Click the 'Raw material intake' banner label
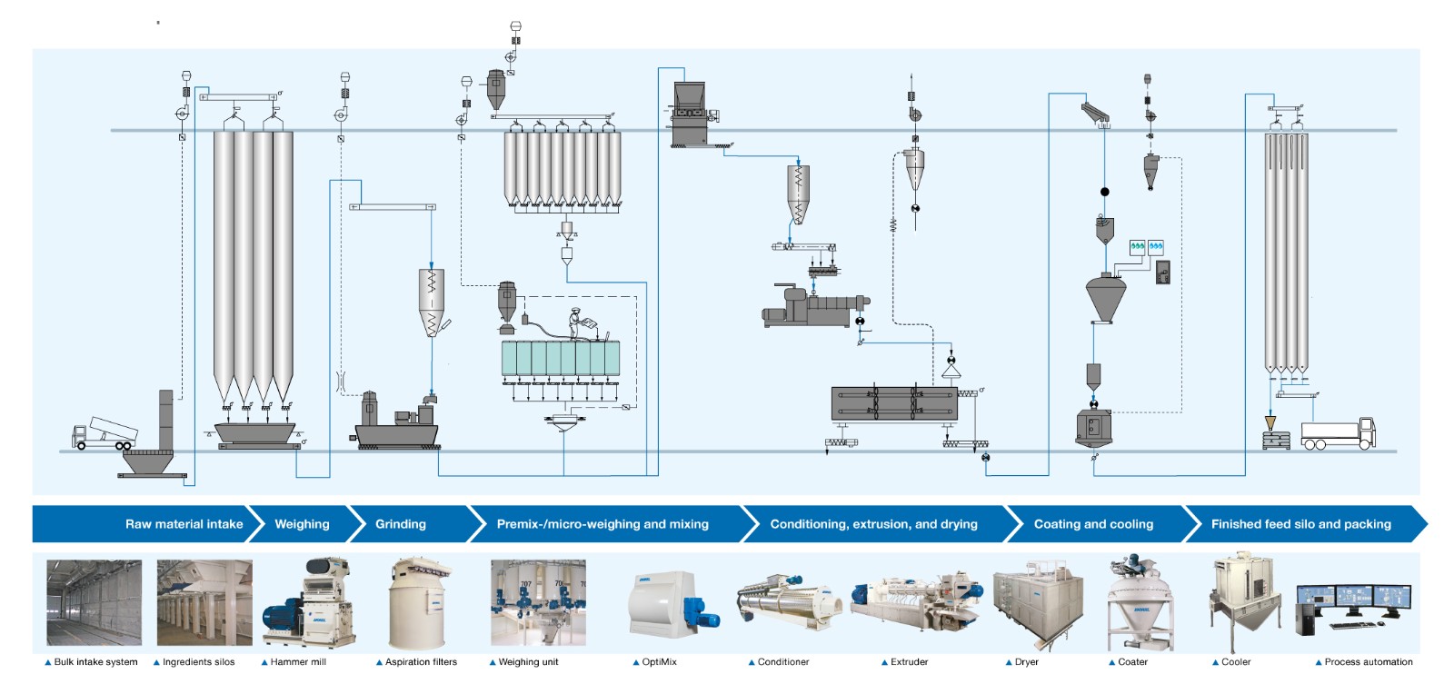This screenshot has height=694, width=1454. pos(184,524)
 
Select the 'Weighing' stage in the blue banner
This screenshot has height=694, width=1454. pos(302,524)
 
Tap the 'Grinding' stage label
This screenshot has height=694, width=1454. pos(400,524)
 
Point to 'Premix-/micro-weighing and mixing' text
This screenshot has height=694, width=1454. pos(602,524)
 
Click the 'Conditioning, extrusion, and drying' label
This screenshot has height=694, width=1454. pos(873,524)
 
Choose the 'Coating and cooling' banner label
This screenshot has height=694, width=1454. pos(1093,524)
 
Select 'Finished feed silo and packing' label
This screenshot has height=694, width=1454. pos(1300,524)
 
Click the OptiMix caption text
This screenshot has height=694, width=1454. pos(659,662)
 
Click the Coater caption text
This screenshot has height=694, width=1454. pos(1132,662)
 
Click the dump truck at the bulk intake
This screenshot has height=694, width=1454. pos(105,432)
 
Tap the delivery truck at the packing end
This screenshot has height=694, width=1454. pos(1338,433)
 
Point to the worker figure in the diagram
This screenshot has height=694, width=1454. pos(575,323)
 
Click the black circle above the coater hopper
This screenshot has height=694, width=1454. pos(1104,192)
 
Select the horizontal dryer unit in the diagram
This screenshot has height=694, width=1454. pos(894,403)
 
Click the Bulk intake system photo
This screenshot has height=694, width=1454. pos(94,602)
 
